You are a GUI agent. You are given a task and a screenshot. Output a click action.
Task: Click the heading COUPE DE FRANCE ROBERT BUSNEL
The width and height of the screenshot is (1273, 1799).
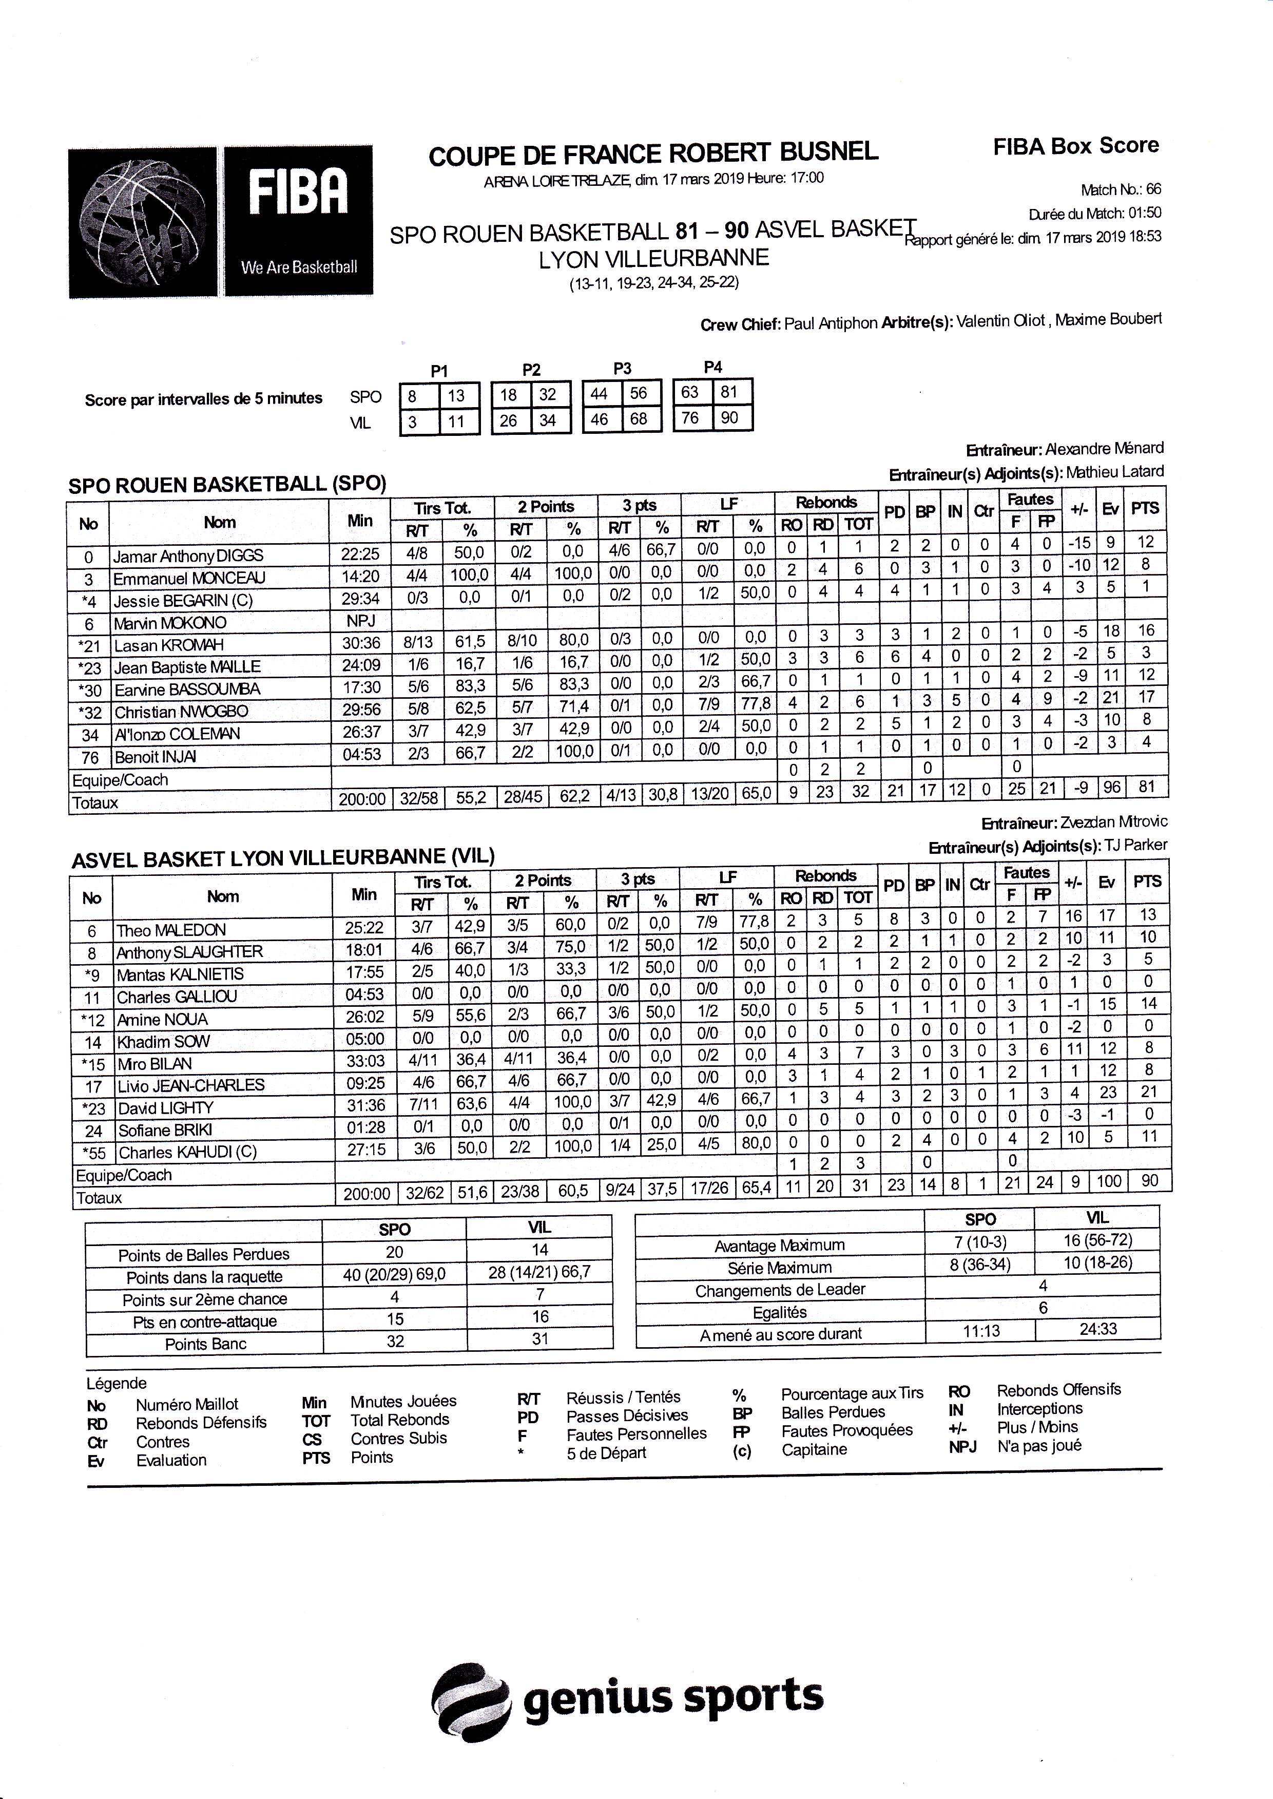pos(653,154)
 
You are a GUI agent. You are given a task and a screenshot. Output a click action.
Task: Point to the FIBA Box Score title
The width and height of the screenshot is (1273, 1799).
pos(1075,146)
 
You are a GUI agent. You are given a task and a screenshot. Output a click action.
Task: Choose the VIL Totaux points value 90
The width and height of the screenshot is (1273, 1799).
pos(1149,1181)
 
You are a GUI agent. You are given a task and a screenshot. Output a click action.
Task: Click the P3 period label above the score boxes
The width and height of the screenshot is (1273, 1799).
pos(623,369)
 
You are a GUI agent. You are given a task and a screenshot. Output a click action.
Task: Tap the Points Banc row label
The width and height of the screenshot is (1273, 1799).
pos(205,1344)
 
